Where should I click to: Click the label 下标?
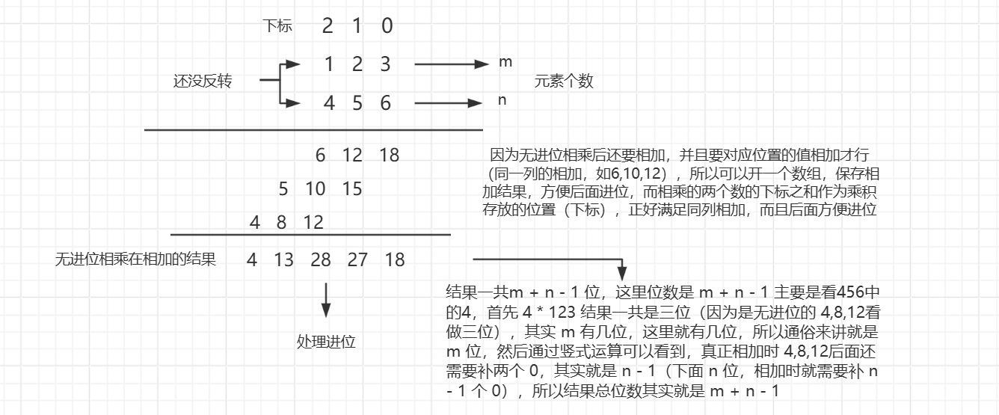point(277,27)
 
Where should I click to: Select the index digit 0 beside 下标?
point(387,27)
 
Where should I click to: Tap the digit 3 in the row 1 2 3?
point(385,64)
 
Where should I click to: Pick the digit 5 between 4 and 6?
point(357,103)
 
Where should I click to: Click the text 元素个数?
point(563,82)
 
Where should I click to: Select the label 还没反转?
point(202,82)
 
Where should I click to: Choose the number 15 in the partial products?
point(351,189)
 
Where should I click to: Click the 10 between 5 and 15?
point(316,189)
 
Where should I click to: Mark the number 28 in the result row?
point(322,260)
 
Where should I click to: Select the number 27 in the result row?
point(357,260)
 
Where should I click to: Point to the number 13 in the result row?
point(283,260)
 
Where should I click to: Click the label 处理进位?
point(326,342)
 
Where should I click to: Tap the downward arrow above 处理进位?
point(326,301)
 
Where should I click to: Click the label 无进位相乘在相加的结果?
point(135,260)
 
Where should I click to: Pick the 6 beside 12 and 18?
point(321,156)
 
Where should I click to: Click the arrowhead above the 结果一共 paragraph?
point(622,274)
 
